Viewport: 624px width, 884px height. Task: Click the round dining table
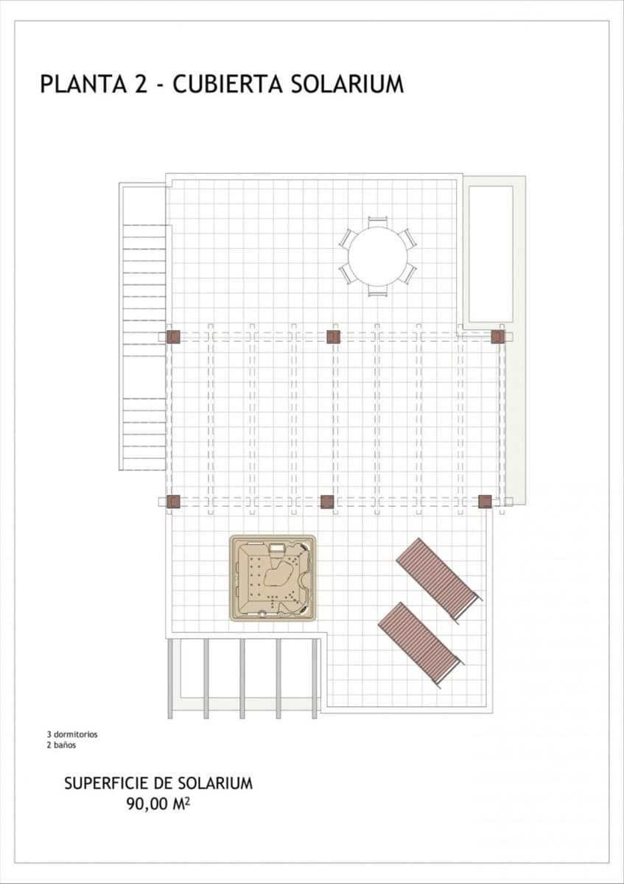tap(378, 256)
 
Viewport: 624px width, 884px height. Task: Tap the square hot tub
tap(273, 578)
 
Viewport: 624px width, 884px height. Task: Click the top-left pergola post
tap(173, 337)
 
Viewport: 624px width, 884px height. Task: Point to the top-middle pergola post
tap(333, 337)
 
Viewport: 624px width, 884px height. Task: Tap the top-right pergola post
tap(499, 337)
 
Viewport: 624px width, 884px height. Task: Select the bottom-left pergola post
tap(173, 502)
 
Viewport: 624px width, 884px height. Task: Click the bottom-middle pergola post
tap(327, 502)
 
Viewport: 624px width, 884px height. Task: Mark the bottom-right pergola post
tap(484, 502)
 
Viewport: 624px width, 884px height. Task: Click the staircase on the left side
tap(144, 346)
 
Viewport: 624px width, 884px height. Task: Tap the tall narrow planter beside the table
tap(491, 253)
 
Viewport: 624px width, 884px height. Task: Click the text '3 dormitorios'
tap(72, 734)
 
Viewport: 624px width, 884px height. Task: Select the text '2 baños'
tap(61, 745)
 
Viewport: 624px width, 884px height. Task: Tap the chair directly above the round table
tap(378, 220)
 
